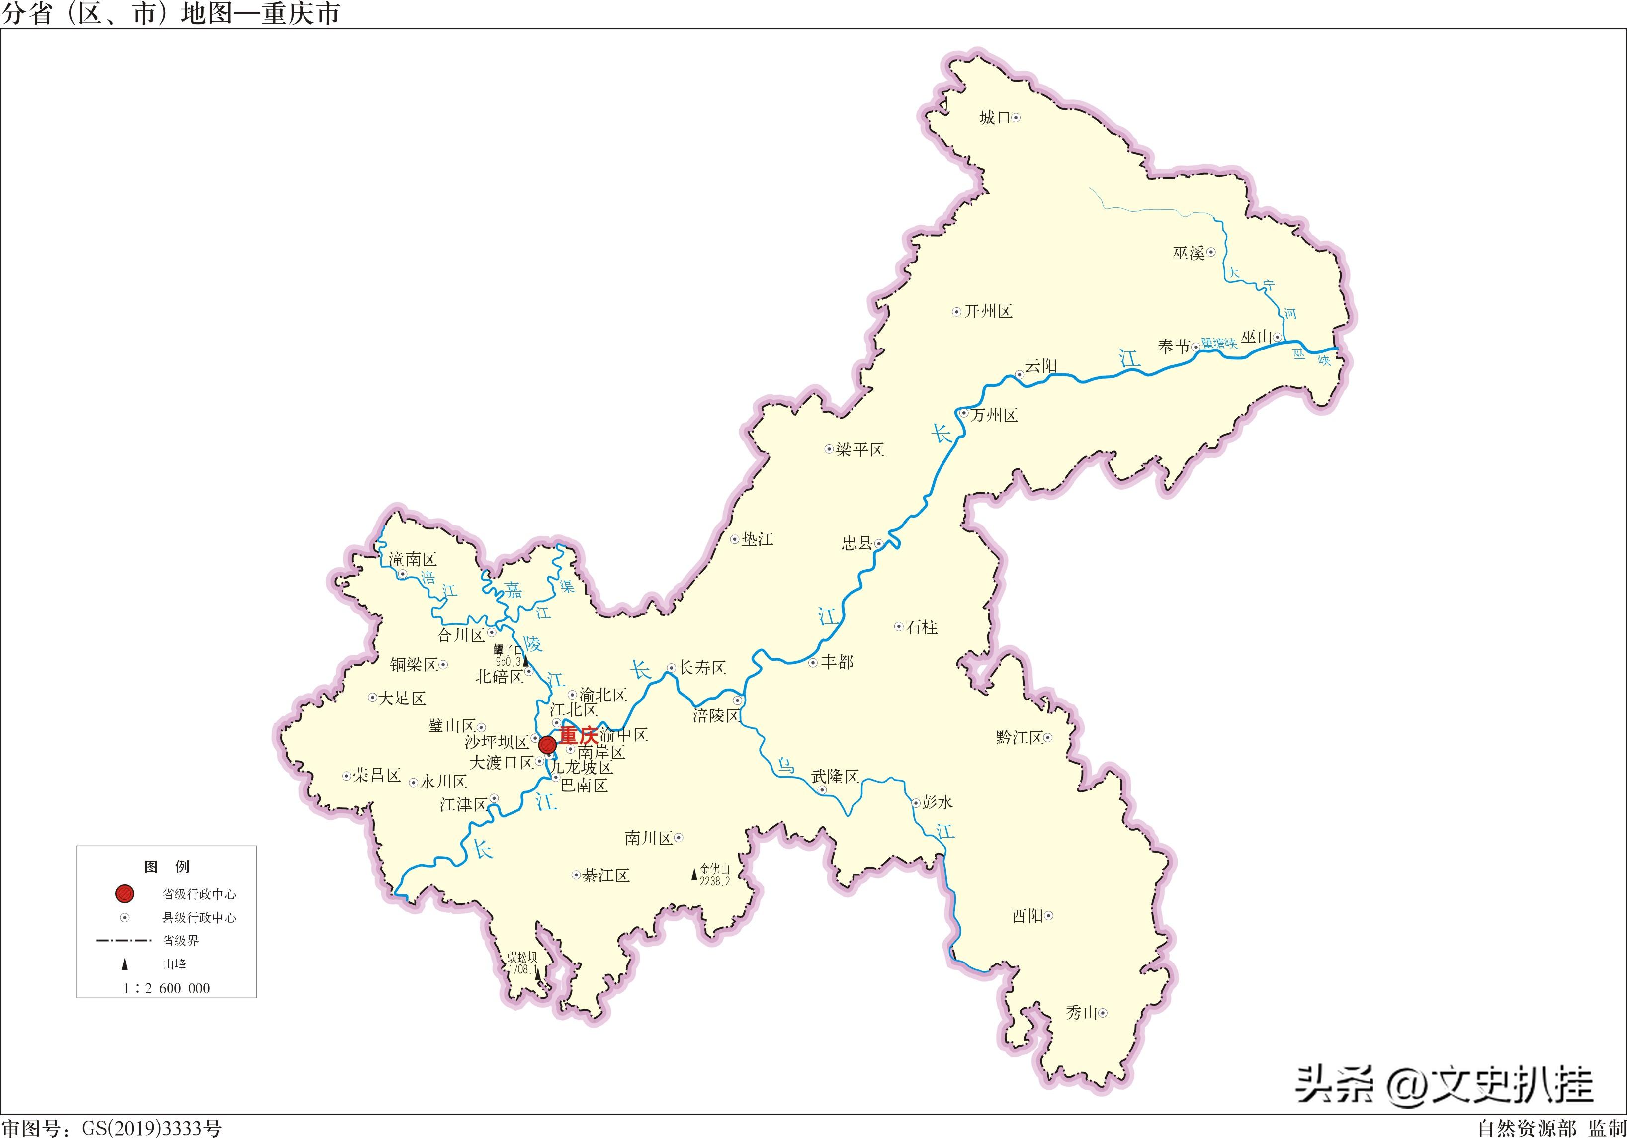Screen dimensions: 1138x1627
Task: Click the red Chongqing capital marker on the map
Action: (x=547, y=745)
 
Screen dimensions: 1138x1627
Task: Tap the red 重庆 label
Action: (x=578, y=735)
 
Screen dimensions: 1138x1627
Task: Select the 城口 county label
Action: (x=994, y=118)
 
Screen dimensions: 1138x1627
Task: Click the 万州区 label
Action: (x=994, y=415)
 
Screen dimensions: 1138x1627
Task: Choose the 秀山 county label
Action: (x=1081, y=1013)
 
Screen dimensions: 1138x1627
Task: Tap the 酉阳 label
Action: (x=1027, y=916)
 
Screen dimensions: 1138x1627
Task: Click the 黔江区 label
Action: (x=1020, y=738)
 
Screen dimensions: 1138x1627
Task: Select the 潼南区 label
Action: (x=413, y=560)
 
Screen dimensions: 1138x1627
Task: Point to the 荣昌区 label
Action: (x=377, y=775)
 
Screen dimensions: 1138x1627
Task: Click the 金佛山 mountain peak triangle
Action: (x=694, y=875)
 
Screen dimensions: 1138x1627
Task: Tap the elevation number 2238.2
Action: (x=714, y=881)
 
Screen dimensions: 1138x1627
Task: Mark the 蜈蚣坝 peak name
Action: (x=522, y=957)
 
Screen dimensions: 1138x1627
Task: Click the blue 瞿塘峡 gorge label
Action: (x=1219, y=344)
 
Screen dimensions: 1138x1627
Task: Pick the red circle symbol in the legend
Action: (x=125, y=893)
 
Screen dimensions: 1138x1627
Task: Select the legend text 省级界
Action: (x=181, y=940)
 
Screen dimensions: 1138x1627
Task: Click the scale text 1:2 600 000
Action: (x=167, y=988)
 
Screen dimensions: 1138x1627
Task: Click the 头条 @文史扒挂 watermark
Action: (x=1446, y=1085)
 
